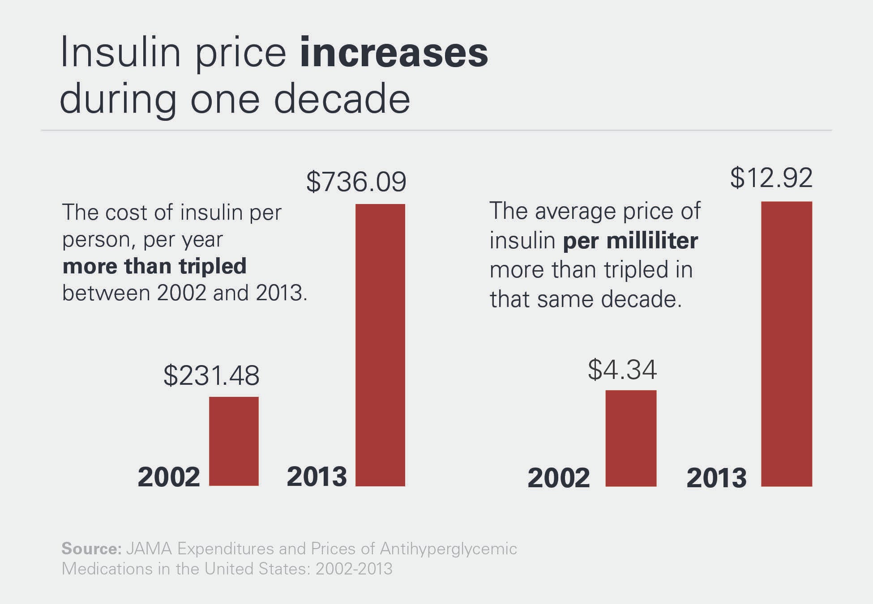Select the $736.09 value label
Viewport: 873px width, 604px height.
[356, 182]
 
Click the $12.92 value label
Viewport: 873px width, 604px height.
[771, 178]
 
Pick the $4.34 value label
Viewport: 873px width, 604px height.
[622, 370]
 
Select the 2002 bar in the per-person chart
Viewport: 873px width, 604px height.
[234, 441]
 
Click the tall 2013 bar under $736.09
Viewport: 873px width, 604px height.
[380, 345]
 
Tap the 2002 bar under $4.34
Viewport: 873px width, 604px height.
[631, 438]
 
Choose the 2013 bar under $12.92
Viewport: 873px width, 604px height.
[786, 344]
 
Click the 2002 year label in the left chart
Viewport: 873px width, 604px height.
[169, 477]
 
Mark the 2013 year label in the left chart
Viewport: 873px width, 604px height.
[317, 476]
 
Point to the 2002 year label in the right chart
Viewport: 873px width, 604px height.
[559, 478]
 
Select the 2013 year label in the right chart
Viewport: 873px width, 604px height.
[716, 478]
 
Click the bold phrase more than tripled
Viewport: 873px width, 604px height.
[154, 266]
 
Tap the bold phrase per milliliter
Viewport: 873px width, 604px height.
[630, 241]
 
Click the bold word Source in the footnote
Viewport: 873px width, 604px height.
[91, 549]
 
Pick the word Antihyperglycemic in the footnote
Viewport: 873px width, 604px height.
[448, 549]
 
